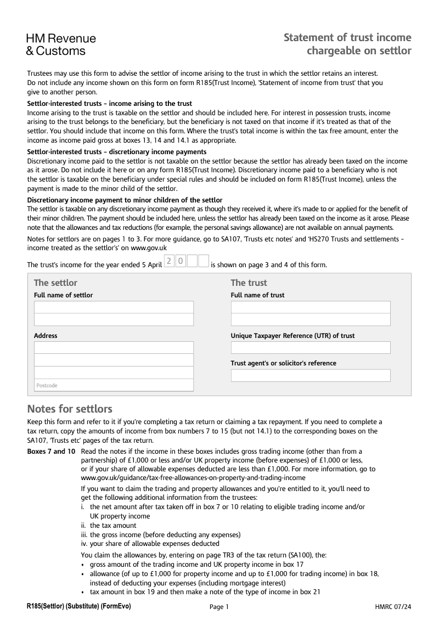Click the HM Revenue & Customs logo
tap(61, 45)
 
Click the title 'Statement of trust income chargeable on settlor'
tap(347, 44)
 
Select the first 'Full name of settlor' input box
tap(114, 307)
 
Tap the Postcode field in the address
tap(114, 385)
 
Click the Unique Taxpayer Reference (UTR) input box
tap(311, 347)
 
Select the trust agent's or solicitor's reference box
tap(311, 375)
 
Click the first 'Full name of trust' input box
tap(311, 307)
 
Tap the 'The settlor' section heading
tap(55, 283)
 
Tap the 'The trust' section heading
tap(249, 283)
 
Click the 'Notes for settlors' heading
tap(70, 409)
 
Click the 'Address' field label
tap(46, 335)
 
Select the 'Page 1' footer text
tap(219, 606)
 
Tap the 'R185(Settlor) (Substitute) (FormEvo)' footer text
tap(79, 606)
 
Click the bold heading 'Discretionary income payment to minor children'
tap(125, 200)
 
